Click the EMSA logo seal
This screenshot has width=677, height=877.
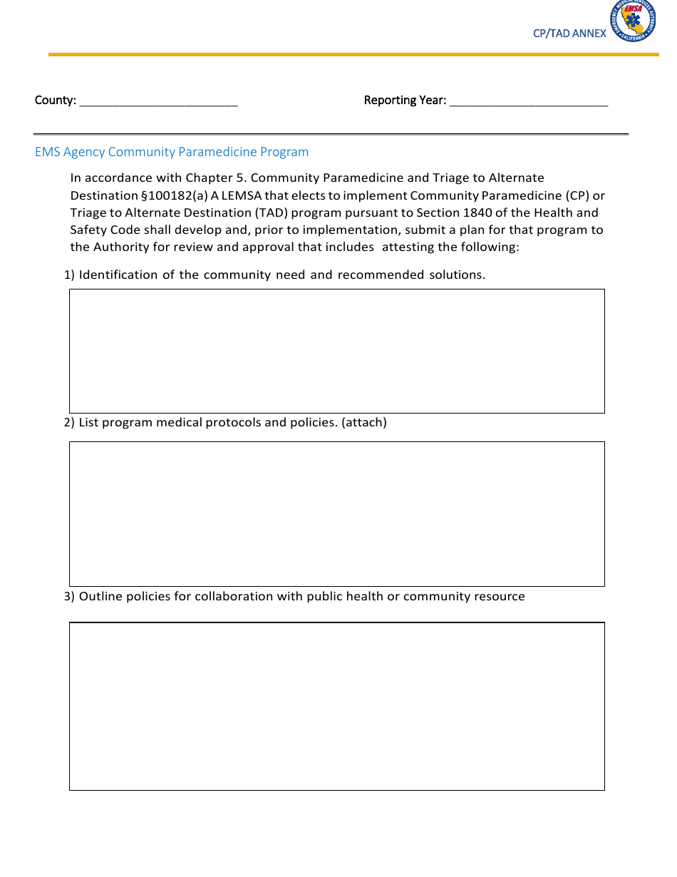tap(632, 21)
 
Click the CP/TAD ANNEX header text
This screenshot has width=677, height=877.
tap(569, 34)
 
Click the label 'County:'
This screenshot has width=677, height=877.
tap(55, 101)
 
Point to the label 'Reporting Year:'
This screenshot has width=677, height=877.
tap(405, 101)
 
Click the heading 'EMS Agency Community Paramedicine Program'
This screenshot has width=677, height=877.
tap(172, 152)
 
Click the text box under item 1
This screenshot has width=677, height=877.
tap(336, 351)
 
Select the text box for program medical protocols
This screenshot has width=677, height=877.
tap(336, 513)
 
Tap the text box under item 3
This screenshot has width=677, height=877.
tap(336, 706)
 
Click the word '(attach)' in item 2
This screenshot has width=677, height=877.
tap(364, 422)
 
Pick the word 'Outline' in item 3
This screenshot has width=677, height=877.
tap(100, 596)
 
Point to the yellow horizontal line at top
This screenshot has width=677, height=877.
tap(353, 54)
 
